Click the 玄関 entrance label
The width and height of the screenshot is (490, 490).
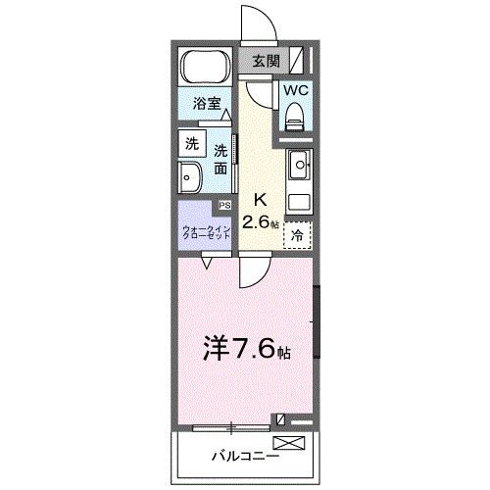(266, 61)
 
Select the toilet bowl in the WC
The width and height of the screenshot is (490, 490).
(295, 116)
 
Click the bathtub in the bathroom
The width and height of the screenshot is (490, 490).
(205, 68)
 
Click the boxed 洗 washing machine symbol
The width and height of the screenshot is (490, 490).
(191, 143)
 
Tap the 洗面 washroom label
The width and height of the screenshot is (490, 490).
(221, 159)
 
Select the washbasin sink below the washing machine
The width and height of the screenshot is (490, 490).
(191, 178)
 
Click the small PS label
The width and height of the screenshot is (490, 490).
(223, 205)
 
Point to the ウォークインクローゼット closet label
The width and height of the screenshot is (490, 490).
(205, 233)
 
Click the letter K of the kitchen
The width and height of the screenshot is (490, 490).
(262, 196)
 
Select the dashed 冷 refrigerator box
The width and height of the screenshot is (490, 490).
(298, 235)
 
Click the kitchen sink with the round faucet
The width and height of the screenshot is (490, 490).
(299, 164)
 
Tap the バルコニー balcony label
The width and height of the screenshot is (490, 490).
(245, 456)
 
